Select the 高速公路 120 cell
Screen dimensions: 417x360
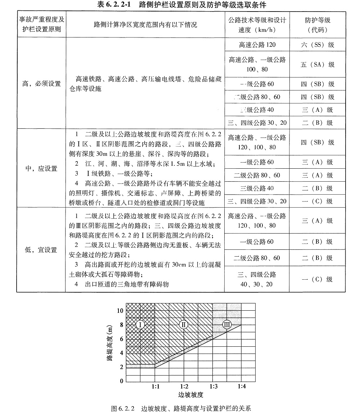(x=257, y=45)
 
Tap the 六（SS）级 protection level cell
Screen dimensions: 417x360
(x=318, y=45)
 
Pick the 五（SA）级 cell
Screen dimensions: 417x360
(x=318, y=64)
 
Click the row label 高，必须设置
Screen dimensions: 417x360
(x=41, y=84)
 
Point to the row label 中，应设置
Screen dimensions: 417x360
(x=41, y=168)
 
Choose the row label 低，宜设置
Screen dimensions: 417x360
(x=41, y=250)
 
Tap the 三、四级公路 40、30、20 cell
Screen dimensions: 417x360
(x=257, y=279)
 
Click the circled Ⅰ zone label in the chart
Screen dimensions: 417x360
(x=141, y=325)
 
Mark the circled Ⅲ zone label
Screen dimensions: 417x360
(x=227, y=324)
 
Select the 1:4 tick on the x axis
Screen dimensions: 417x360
(x=242, y=387)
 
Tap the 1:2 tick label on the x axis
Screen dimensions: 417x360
(x=184, y=387)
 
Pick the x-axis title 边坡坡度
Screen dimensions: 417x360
(x=184, y=395)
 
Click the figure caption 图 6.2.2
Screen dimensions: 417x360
(x=181, y=409)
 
